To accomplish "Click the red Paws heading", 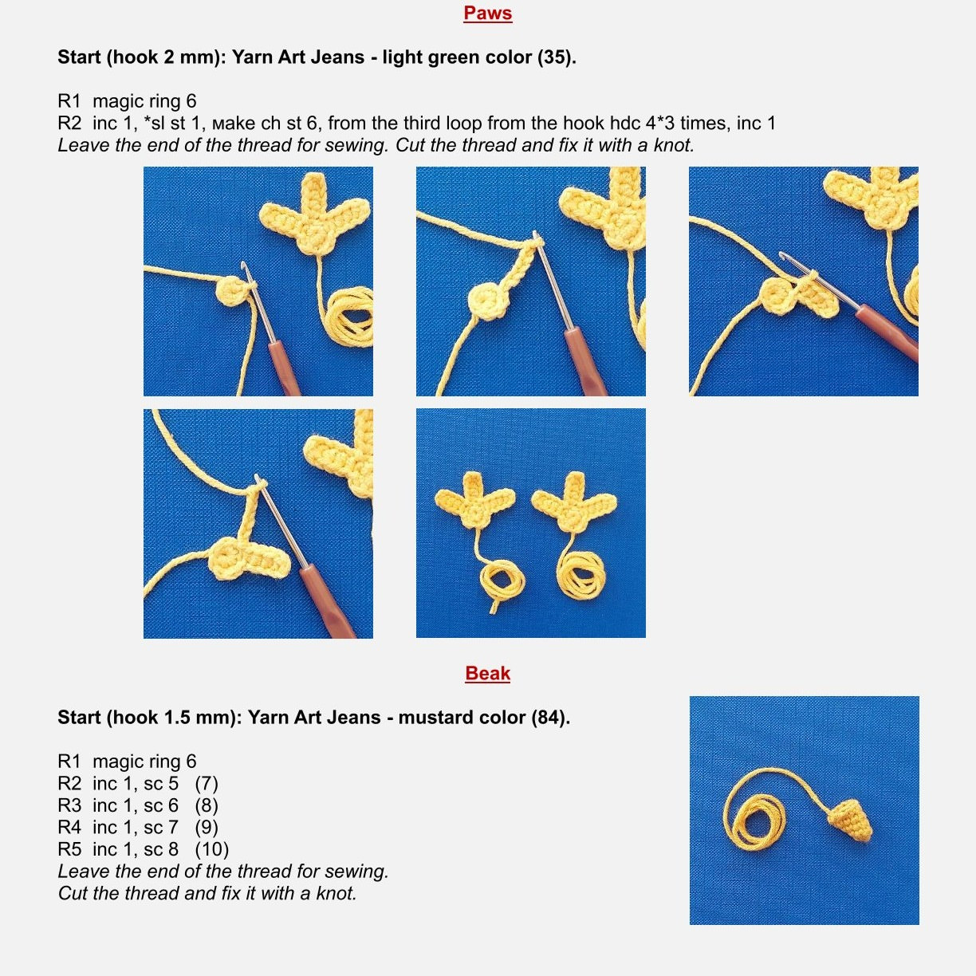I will click(x=487, y=14).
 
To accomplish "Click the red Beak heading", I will click(x=487, y=674).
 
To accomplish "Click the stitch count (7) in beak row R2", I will click(x=207, y=784).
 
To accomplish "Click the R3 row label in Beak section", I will click(x=69, y=806).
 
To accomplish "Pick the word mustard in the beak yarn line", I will click(x=430, y=718).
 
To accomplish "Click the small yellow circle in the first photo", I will click(x=230, y=292).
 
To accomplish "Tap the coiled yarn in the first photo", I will click(x=349, y=317).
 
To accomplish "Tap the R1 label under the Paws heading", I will click(x=69, y=102).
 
